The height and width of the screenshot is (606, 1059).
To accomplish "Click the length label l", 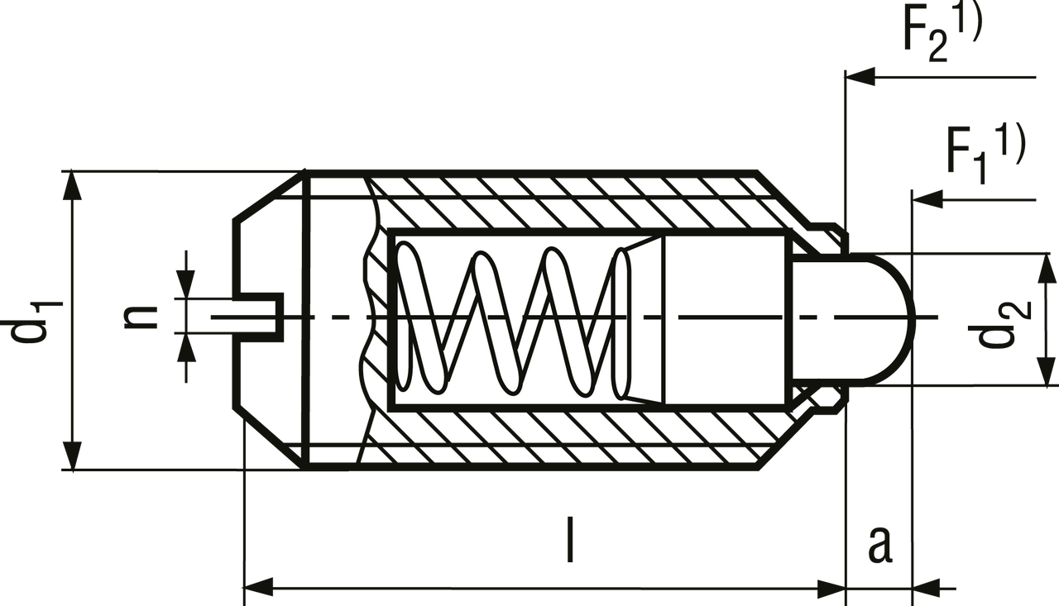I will point(569,539).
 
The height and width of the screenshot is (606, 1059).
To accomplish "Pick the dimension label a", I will point(879,543).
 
